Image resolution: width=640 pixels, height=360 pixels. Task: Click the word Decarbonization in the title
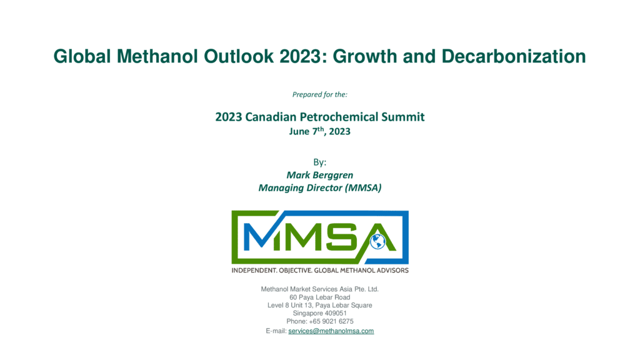click(x=514, y=56)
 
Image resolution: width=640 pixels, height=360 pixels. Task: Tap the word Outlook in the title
click(x=239, y=56)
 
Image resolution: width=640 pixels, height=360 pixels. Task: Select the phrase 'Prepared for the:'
click(x=319, y=95)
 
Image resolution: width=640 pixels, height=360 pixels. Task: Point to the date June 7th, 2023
click(x=319, y=131)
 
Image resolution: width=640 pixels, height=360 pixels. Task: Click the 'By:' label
click(x=319, y=162)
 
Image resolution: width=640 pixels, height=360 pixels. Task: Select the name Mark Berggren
click(x=319, y=175)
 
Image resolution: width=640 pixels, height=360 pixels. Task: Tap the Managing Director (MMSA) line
click(x=319, y=187)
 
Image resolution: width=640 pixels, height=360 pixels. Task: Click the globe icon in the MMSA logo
click(x=377, y=241)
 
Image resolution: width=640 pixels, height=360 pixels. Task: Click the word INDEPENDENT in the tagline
click(x=254, y=270)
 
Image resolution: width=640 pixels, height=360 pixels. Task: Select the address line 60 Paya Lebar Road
click(x=319, y=297)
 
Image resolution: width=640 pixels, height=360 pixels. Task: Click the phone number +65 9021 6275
click(x=331, y=321)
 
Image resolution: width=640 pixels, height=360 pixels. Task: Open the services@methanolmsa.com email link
click(x=331, y=331)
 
